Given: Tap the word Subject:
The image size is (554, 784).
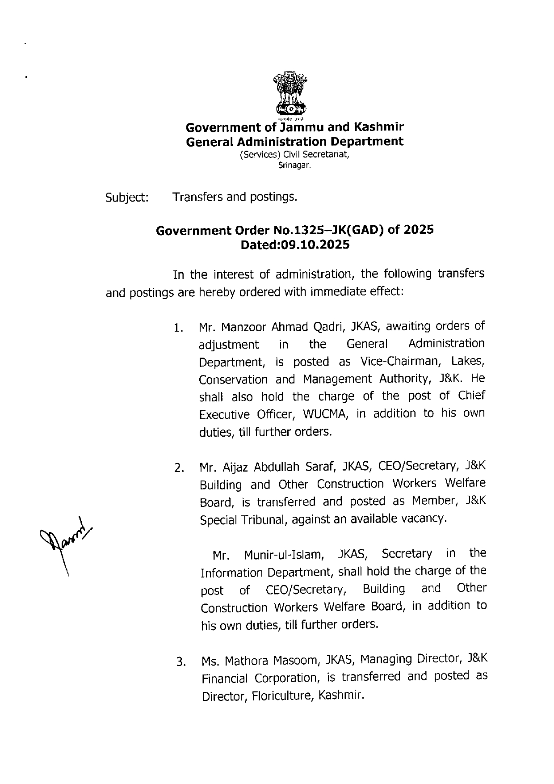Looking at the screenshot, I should click(127, 198).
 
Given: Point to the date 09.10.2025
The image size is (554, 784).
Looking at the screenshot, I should click(314, 245).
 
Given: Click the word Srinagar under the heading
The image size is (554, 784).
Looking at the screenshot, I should click(294, 165).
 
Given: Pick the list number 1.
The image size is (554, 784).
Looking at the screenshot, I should click(179, 329).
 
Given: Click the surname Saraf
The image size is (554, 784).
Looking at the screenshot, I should click(320, 467).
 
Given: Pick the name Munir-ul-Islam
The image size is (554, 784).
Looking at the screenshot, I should click(283, 555).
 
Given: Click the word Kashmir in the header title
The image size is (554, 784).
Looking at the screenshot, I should click(379, 127).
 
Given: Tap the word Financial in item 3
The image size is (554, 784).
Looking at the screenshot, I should click(224, 679).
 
